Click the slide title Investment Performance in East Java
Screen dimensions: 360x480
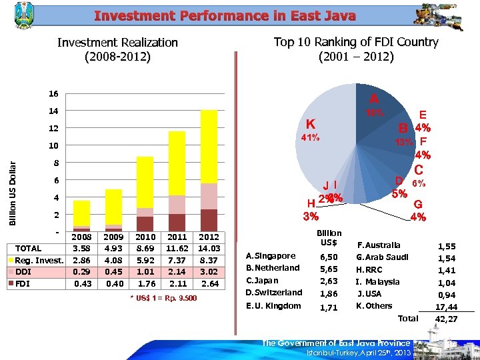click(x=225, y=15)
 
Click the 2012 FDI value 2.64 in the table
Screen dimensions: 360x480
click(x=209, y=283)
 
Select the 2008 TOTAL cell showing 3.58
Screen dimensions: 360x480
click(x=82, y=249)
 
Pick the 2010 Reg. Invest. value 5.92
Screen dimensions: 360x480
click(x=145, y=260)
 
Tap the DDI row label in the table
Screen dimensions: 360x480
click(x=24, y=272)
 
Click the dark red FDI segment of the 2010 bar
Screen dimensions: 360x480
click(x=145, y=223)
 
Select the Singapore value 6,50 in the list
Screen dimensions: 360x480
click(x=329, y=257)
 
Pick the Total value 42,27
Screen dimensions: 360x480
click(x=446, y=319)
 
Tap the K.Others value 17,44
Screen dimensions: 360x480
click(x=446, y=307)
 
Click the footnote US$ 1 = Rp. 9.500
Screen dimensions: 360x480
click(x=163, y=297)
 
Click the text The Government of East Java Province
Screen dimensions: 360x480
click(x=335, y=343)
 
